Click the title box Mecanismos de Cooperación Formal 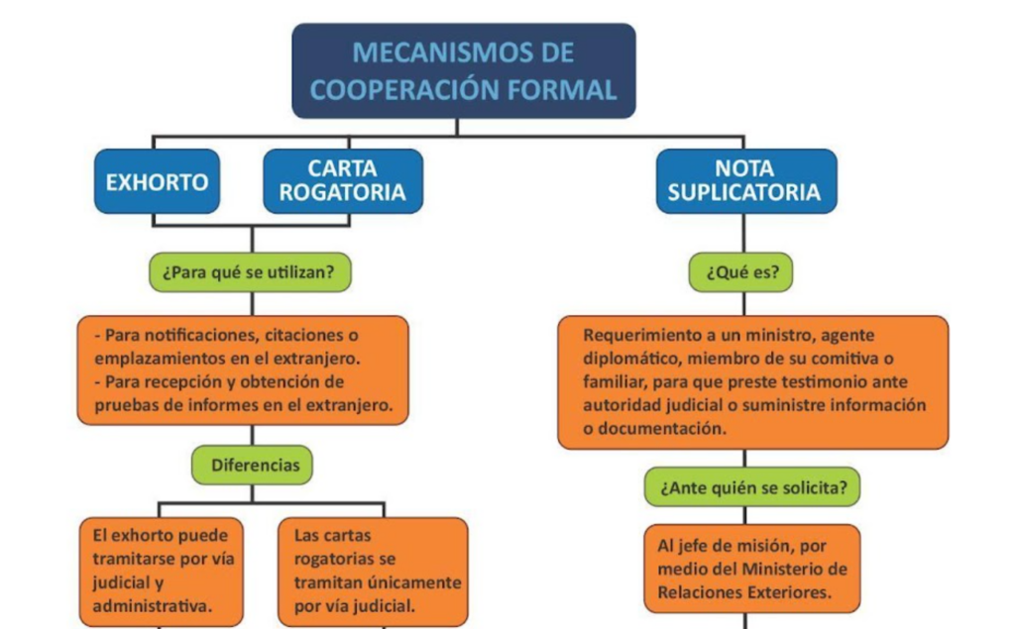tap(464, 71)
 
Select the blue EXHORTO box tap(158, 181)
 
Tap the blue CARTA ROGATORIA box tap(343, 181)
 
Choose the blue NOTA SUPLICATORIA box tap(746, 181)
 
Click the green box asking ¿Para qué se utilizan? tap(250, 272)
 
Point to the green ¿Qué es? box tap(740, 272)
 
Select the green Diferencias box tap(252, 466)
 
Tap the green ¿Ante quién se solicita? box tap(752, 487)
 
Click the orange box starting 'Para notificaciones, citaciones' tap(243, 370)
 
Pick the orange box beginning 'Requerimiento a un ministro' tap(753, 382)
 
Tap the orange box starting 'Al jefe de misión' tap(752, 569)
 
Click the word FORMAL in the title tap(562, 90)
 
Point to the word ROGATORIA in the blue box tap(342, 193)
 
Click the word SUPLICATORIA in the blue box tap(744, 193)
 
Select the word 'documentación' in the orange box tap(662, 429)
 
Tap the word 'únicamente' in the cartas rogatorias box tap(421, 582)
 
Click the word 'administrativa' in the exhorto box tap(152, 606)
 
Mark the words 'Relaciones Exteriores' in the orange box tap(744, 592)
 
